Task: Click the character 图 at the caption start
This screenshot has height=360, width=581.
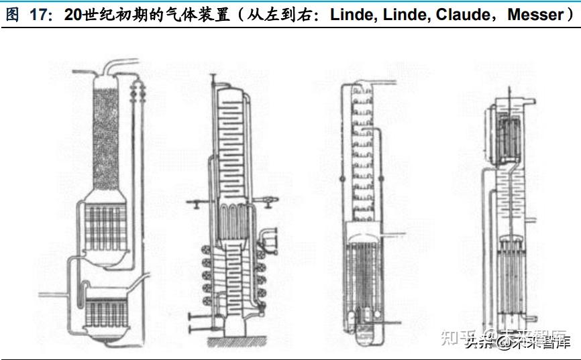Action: (12, 15)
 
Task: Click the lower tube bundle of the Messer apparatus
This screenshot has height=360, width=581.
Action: (514, 275)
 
